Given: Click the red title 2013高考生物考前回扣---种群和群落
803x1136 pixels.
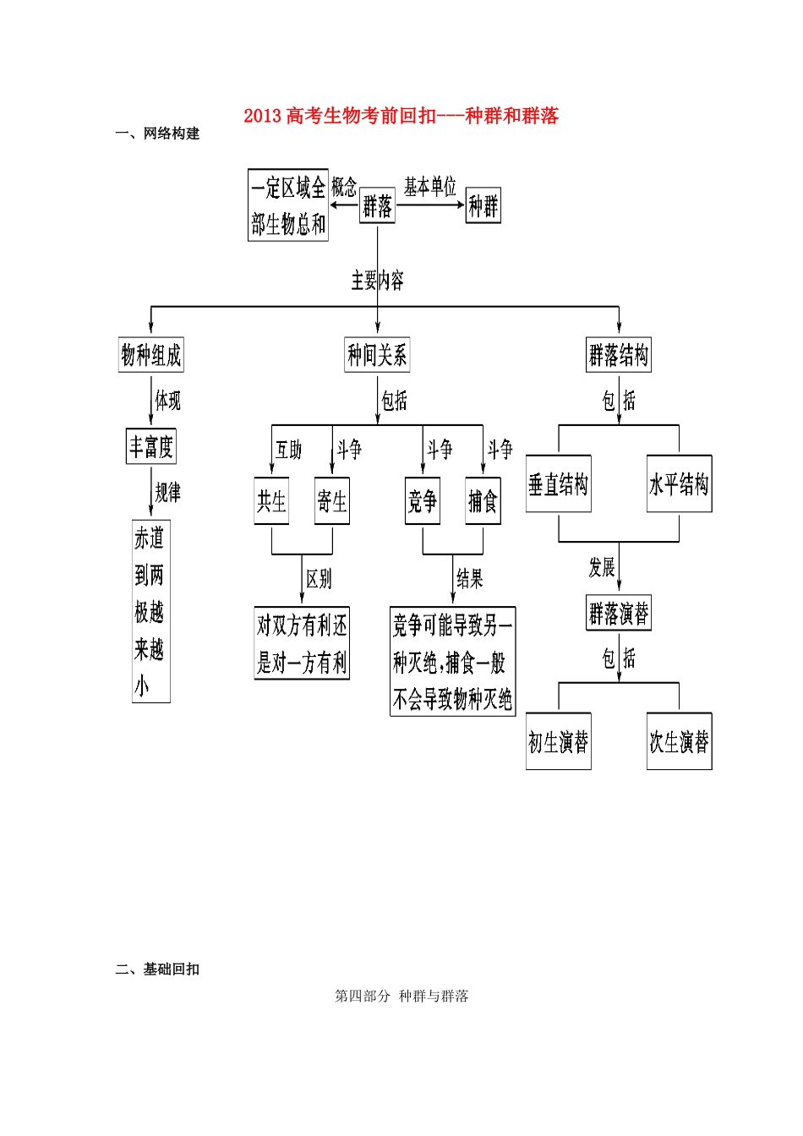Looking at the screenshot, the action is click(x=401, y=116).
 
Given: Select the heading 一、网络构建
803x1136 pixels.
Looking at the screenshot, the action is click(x=157, y=134).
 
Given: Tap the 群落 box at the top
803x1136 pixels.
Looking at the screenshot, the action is click(x=377, y=205).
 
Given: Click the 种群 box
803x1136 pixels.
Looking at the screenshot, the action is click(x=483, y=205).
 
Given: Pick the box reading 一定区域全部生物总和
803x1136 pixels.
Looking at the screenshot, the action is click(x=287, y=205).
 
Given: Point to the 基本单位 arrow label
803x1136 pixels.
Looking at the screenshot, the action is click(x=429, y=187).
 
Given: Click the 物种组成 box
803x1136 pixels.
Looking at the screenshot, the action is click(x=151, y=355).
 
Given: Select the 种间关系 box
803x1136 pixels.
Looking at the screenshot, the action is click(x=377, y=355).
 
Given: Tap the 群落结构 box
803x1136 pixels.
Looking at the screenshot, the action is click(x=619, y=355).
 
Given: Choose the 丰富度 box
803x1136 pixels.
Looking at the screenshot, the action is click(x=151, y=446).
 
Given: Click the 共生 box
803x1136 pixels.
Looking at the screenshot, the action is click(x=271, y=501).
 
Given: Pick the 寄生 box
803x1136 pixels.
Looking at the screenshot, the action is click(x=331, y=501).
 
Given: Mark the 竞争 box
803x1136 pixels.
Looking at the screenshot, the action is click(x=422, y=501).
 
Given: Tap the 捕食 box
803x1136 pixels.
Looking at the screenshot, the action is click(x=483, y=501).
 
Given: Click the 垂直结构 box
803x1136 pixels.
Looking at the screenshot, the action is click(x=558, y=483).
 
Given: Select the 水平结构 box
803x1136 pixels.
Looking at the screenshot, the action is click(x=679, y=483).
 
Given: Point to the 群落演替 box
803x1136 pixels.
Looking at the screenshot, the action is click(x=619, y=613).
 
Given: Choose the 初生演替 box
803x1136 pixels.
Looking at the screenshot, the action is click(x=558, y=742).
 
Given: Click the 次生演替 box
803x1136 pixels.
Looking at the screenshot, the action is click(x=679, y=742).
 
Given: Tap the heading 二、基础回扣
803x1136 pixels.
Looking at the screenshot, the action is click(x=157, y=969).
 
